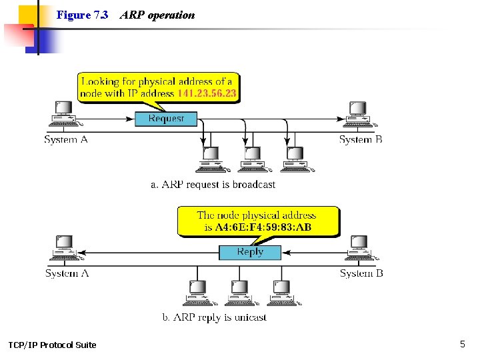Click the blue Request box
point(166,119)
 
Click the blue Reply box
point(250,252)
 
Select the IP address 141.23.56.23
point(207,94)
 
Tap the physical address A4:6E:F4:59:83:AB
point(263,227)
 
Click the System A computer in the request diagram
point(64,114)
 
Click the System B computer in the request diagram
point(358,114)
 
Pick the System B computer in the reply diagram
point(359,248)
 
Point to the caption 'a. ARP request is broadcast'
point(213,185)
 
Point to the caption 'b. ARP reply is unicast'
point(215,318)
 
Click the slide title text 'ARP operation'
point(157,15)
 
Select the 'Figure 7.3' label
point(82,15)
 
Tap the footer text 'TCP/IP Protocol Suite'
point(52,345)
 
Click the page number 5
point(462,344)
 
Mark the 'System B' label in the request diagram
point(361,139)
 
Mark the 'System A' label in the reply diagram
point(67,273)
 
